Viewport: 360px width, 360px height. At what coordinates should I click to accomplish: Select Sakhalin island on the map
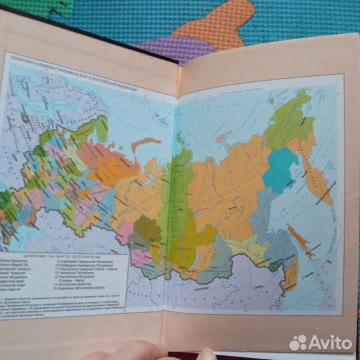tap(299, 241)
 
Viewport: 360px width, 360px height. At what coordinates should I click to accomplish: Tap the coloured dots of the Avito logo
tap(298, 343)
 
